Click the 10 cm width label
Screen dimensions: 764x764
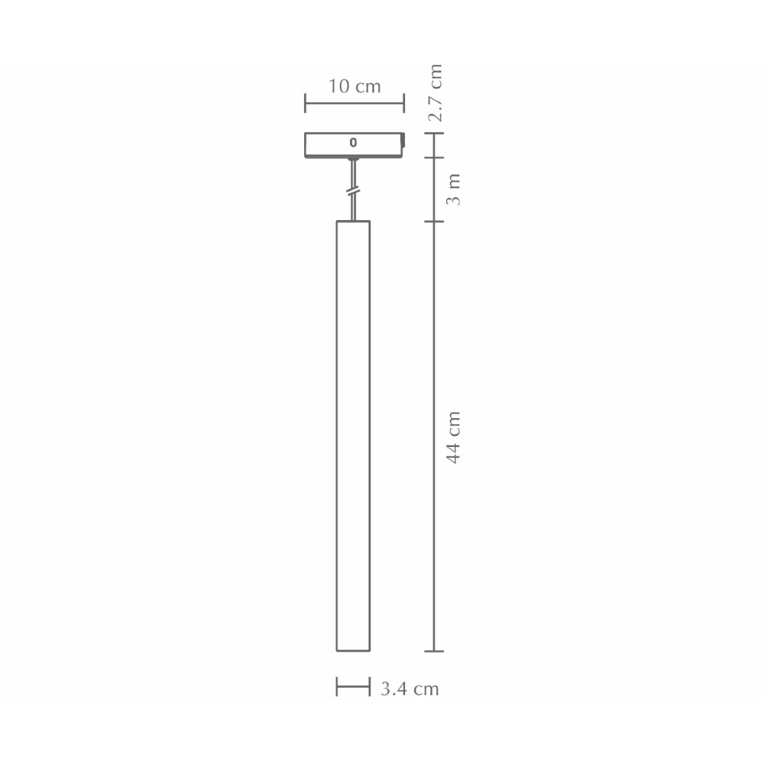[354, 86]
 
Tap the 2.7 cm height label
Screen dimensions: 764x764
[435, 93]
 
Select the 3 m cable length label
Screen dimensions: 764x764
[454, 189]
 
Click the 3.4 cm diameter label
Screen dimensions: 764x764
[410, 689]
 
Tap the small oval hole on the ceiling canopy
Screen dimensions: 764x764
[353, 142]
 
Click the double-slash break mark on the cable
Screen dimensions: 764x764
[353, 191]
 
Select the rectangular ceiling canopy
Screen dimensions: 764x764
[354, 145]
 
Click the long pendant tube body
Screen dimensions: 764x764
[353, 435]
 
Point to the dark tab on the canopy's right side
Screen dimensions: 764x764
[404, 142]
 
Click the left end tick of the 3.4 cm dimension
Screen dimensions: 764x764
[337, 687]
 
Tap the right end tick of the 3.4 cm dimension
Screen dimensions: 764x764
[370, 687]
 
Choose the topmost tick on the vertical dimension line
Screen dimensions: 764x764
[434, 133]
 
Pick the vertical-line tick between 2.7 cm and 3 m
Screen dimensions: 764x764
[434, 158]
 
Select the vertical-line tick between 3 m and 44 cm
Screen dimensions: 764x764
[434, 222]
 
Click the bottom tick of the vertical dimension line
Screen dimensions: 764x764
[434, 652]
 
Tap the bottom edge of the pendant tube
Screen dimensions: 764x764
[353, 651]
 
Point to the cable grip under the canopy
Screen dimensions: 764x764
[353, 163]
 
